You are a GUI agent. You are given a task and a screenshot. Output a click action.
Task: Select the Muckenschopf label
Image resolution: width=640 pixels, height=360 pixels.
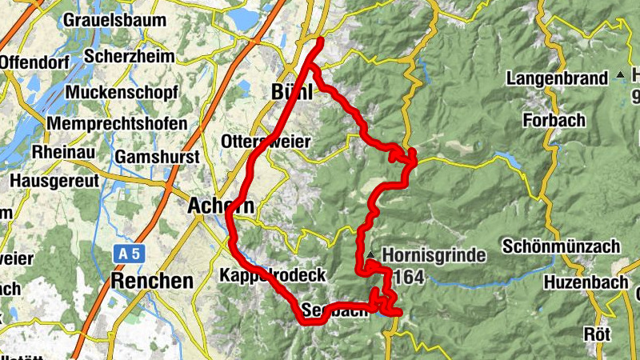(x=122, y=93)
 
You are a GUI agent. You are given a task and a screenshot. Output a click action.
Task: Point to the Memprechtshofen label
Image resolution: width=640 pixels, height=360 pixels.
(x=118, y=125)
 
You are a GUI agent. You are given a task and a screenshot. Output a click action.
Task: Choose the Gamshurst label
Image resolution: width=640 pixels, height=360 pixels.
(x=157, y=158)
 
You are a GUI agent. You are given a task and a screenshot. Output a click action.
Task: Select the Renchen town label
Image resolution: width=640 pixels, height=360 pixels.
(x=153, y=281)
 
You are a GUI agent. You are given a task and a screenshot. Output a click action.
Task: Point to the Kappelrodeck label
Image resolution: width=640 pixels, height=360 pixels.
(x=272, y=275)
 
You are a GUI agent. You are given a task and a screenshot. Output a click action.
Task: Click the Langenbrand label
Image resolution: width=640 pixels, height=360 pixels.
(x=557, y=78)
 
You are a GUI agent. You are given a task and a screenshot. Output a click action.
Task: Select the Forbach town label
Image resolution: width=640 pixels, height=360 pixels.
(x=554, y=120)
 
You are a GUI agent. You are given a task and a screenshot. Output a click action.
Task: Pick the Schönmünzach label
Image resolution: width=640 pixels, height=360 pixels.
(x=562, y=246)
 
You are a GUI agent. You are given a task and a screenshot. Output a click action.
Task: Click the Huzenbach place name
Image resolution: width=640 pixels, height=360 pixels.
(x=583, y=282)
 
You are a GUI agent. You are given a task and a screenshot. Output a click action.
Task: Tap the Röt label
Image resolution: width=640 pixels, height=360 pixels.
(x=597, y=334)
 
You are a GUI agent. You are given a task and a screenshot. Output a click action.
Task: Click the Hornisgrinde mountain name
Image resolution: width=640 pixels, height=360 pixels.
(x=434, y=257)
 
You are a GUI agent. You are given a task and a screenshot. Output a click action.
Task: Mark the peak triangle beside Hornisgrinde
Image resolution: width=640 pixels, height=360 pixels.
(x=372, y=256)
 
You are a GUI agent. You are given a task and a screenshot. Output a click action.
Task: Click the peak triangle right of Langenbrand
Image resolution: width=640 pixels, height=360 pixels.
(x=621, y=76)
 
